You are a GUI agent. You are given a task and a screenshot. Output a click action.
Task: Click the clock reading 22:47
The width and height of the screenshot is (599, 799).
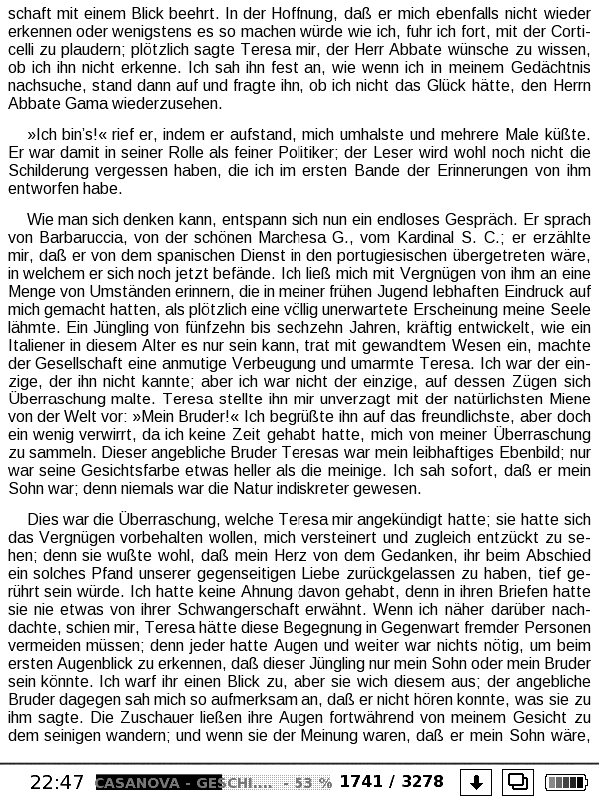tap(56, 782)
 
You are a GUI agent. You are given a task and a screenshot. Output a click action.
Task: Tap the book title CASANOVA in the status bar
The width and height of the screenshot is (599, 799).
tap(140, 782)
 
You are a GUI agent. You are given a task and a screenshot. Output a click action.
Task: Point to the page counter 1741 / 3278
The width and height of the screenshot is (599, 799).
tap(391, 782)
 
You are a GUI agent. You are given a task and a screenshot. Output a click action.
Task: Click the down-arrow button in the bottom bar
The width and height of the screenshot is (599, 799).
tap(476, 782)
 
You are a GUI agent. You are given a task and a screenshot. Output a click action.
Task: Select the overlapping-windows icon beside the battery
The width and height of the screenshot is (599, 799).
tap(519, 782)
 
